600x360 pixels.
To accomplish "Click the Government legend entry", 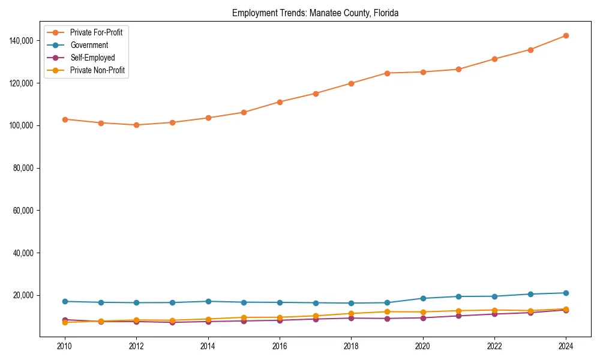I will click(x=89, y=45).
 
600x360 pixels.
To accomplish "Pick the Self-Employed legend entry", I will click(x=92, y=58).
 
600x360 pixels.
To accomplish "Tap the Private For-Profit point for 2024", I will click(x=566, y=35).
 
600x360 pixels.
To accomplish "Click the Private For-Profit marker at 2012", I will click(x=136, y=125).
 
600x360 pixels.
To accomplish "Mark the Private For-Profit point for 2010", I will click(x=65, y=119).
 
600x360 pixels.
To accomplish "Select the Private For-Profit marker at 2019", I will click(x=387, y=73).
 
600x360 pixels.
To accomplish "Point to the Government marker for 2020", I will click(x=423, y=298).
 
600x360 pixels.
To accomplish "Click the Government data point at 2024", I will click(x=566, y=293).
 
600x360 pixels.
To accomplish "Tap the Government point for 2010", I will click(x=65, y=301).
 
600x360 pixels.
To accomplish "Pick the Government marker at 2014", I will click(x=208, y=301).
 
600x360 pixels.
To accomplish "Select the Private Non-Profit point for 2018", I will click(x=351, y=313).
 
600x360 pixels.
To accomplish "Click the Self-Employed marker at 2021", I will click(x=458, y=316).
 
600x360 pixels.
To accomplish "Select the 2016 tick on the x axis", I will click(x=280, y=347).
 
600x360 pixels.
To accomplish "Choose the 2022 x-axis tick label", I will click(x=494, y=347).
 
